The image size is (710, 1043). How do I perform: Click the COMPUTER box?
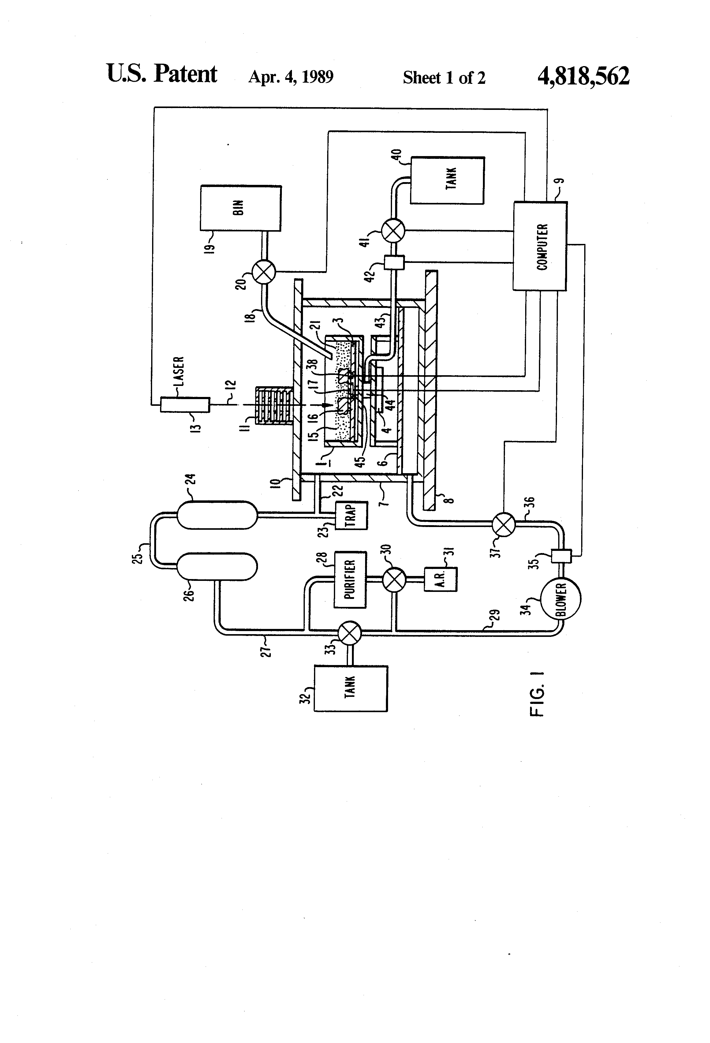(x=540, y=246)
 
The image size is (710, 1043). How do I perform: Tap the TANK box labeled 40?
(x=447, y=180)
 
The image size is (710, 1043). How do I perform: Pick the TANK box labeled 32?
(x=350, y=688)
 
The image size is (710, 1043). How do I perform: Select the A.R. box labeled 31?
(x=441, y=579)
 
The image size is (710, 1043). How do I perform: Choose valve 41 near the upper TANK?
(x=393, y=232)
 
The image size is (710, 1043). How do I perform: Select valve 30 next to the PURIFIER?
(x=394, y=579)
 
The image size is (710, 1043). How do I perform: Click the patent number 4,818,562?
(x=583, y=76)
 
